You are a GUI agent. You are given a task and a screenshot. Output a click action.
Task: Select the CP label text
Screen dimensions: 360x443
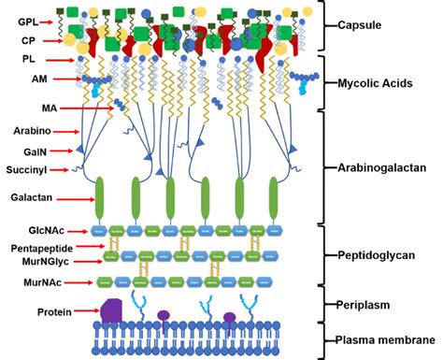pyautogui.click(x=28, y=41)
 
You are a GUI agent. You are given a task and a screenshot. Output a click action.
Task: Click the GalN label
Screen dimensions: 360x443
pyautogui.click(x=30, y=151)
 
